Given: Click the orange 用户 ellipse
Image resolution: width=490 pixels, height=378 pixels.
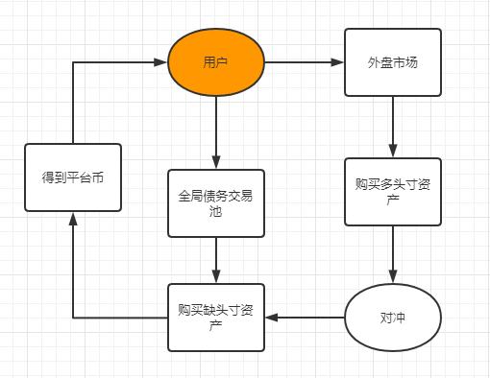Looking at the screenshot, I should click(216, 62).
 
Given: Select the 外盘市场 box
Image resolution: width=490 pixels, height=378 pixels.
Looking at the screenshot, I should click(392, 62).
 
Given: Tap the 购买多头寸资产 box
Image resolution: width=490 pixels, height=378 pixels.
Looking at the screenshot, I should click(392, 192).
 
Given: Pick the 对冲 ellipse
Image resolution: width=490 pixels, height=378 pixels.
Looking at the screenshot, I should click(392, 318).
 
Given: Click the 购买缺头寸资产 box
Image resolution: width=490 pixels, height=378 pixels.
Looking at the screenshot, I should click(216, 318).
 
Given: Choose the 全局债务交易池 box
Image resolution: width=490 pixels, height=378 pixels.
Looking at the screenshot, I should click(216, 203).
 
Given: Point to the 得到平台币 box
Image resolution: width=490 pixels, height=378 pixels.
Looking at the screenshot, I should click(73, 177).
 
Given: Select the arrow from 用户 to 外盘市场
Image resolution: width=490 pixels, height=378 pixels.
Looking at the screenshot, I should click(304, 62).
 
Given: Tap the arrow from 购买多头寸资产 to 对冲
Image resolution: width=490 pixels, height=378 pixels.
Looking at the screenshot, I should click(392, 255).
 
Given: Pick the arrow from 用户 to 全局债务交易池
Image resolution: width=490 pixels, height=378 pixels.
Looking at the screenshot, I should click(216, 130).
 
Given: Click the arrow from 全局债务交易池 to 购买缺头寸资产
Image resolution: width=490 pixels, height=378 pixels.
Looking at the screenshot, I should click(216, 260).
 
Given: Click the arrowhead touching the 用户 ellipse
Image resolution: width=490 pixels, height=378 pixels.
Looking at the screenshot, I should click(161, 62).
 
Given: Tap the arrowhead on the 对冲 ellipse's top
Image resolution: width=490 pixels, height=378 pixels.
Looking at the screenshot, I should click(392, 278).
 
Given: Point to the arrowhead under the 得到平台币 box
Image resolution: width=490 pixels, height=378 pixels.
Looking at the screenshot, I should click(73, 218).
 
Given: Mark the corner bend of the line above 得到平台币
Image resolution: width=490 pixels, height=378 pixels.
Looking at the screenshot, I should click(73, 62).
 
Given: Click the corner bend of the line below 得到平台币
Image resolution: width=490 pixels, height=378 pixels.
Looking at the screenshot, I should click(73, 318).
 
